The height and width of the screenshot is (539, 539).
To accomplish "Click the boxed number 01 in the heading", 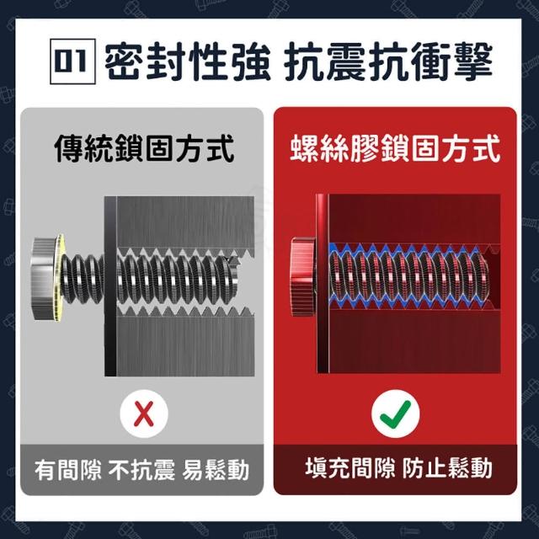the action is coord(72,61).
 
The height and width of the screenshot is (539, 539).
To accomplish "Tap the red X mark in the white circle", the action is coord(144,414).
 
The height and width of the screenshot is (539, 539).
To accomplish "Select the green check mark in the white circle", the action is coord(396,413).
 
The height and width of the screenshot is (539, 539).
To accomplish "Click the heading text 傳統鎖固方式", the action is coord(145,148).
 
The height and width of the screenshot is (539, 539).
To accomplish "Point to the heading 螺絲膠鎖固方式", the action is coord(395,148).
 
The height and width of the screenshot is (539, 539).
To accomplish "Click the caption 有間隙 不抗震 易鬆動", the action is coord(141,470).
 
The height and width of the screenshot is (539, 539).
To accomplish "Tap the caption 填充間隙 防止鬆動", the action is coord(398,467).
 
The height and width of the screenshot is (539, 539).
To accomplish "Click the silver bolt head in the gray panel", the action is coord(44,278).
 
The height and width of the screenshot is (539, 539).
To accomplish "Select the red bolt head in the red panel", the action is coord(303,277).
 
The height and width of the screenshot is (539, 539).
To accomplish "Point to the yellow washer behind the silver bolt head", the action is coord(61,278).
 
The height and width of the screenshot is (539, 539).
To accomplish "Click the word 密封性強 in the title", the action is coord(188,62).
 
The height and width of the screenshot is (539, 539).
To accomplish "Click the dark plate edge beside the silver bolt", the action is coord(110,286).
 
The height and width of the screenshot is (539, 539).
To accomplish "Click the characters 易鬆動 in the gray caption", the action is coord(216,470).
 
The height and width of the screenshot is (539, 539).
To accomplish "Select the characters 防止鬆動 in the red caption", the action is coord(447,467).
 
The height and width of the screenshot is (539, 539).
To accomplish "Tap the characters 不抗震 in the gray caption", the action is coord(141,470).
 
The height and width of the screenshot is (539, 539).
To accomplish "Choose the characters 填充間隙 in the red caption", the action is coord(350,467).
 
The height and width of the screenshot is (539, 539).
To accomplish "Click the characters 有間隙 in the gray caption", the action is coord(67,470).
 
